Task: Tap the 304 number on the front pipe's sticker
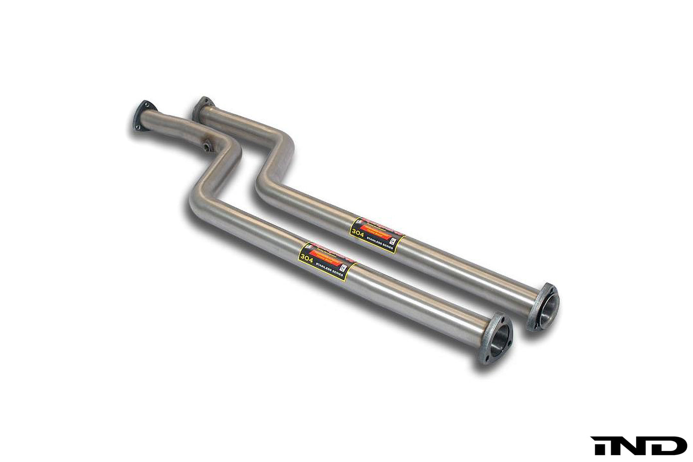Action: coord(304,258)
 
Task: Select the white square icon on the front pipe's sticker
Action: coord(343,269)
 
